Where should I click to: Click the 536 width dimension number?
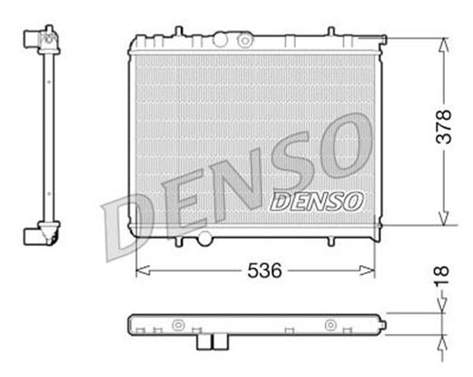point(264,270)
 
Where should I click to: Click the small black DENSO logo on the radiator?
point(317,200)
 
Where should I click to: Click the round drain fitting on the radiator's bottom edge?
point(205,238)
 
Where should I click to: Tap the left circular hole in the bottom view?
point(177,324)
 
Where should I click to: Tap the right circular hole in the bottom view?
point(330,324)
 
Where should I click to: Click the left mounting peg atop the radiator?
point(177,31)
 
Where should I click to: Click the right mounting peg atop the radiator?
point(330,31)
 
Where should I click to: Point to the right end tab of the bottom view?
point(383,324)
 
